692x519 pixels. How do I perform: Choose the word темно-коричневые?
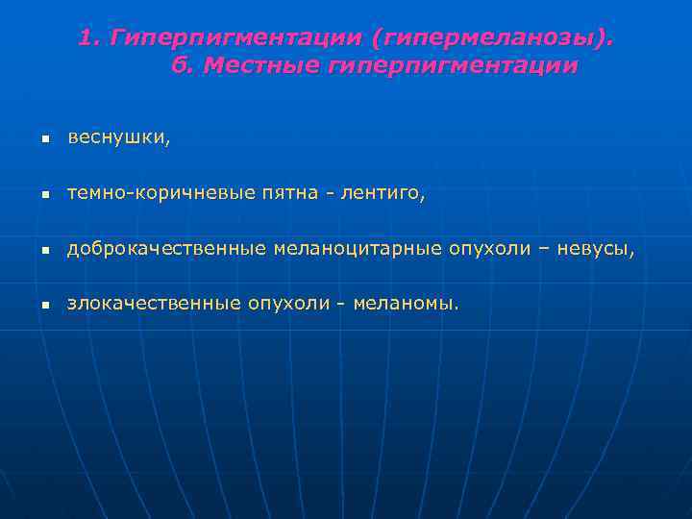coord(161,194)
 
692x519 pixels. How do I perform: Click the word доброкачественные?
coord(165,250)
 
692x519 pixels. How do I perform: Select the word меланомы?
coord(406,305)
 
